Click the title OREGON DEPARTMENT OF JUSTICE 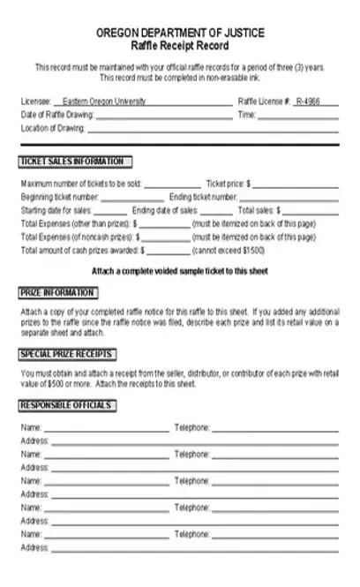point(180,33)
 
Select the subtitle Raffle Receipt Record point(180,44)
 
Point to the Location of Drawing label point(52,128)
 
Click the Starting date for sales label point(55,211)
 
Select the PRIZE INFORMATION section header point(57,292)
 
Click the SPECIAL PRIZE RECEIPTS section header point(67,354)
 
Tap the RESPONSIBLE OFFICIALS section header point(66,405)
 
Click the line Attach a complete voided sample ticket point(180,270)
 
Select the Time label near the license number point(246,115)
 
